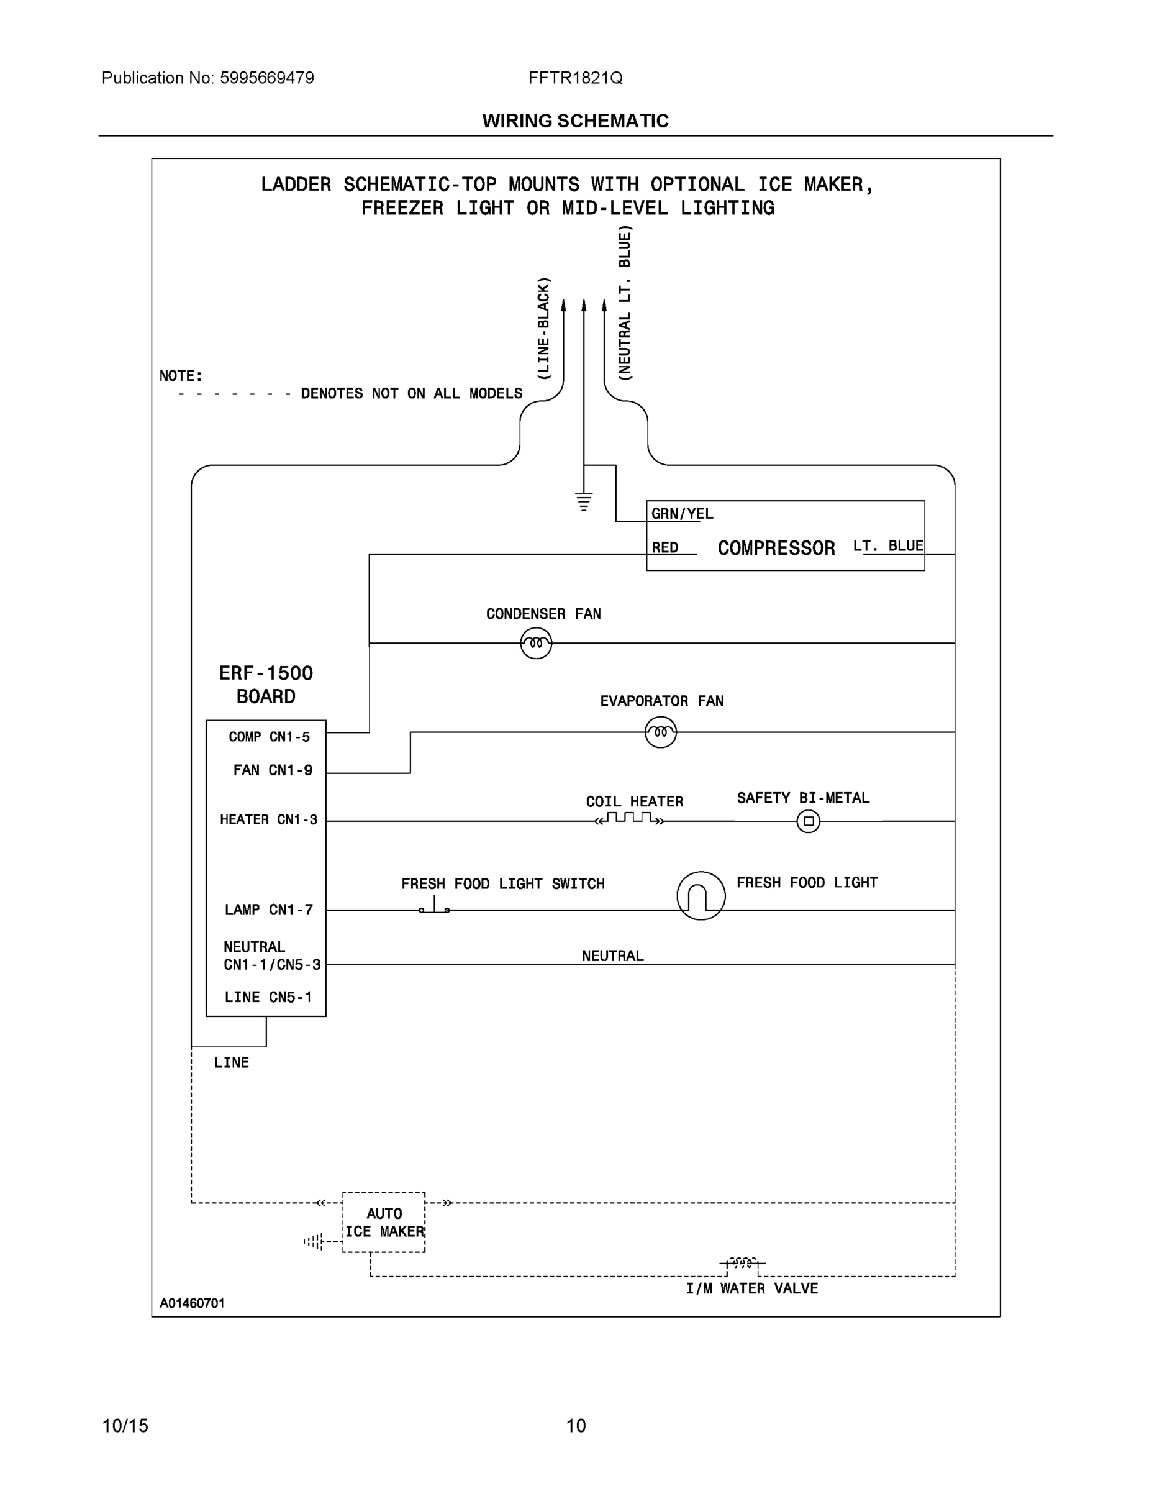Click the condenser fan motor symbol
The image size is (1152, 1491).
point(536,643)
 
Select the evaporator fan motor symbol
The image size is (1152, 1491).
point(661,732)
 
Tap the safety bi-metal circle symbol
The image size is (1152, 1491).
point(808,821)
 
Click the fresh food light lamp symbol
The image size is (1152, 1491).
point(701,896)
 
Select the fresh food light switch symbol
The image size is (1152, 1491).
point(435,906)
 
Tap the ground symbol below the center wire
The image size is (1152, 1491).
point(584,502)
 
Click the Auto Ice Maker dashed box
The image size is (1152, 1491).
point(384,1222)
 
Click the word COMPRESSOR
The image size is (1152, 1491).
point(776,548)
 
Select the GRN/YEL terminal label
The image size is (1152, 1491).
point(682,514)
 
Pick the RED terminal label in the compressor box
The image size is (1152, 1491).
point(664,547)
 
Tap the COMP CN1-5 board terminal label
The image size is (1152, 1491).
point(269,737)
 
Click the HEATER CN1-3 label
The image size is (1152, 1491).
point(268,819)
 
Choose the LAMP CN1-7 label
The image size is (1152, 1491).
point(269,910)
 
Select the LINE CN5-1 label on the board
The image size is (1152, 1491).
point(268,996)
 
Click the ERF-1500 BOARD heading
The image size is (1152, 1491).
point(265,684)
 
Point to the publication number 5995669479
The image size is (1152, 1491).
point(267,78)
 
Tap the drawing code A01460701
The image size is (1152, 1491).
point(192,1303)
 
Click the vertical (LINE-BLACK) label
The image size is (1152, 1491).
point(543,329)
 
